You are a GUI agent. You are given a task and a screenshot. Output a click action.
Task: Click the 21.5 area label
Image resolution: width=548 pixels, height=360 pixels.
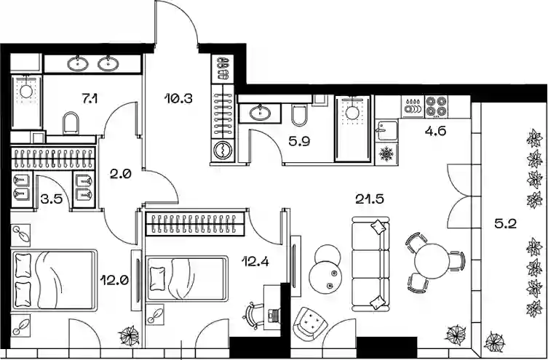pyautogui.click(x=370, y=199)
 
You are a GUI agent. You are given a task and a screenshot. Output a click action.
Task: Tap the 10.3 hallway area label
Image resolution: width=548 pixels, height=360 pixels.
pyautogui.click(x=178, y=99)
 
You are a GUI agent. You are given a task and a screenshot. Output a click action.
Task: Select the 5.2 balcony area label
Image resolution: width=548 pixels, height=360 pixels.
pyautogui.click(x=505, y=223)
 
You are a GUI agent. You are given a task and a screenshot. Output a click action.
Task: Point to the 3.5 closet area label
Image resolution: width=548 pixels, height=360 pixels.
pyautogui.click(x=52, y=199)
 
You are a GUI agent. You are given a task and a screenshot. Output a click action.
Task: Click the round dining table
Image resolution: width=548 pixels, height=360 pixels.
pyautogui.click(x=432, y=260)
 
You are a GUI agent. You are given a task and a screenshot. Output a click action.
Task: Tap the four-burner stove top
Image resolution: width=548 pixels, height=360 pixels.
pyautogui.click(x=436, y=106)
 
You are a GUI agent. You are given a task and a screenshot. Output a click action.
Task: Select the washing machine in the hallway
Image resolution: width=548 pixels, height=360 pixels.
pyautogui.click(x=223, y=151)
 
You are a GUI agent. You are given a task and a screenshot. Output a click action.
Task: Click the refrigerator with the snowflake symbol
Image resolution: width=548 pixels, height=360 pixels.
pyautogui.click(x=386, y=153)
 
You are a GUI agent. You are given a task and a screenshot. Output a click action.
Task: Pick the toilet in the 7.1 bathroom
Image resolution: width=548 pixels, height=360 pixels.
pyautogui.click(x=71, y=123)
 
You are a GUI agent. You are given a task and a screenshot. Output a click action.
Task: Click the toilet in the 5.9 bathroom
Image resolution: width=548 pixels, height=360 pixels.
pyautogui.click(x=299, y=115)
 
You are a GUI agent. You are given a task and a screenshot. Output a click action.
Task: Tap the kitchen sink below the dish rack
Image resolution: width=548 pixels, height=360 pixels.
pyautogui.click(x=386, y=130)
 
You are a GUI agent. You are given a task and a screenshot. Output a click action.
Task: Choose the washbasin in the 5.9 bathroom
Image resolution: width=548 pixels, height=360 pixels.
pyautogui.click(x=260, y=113)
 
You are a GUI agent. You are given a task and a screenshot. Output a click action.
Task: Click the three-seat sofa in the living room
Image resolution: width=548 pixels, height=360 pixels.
pyautogui.click(x=370, y=264)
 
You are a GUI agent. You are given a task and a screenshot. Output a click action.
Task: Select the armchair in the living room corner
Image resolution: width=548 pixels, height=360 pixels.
pyautogui.click(x=310, y=324)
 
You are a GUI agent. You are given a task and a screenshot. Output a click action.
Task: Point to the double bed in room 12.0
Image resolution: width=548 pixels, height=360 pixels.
pyautogui.click(x=54, y=280)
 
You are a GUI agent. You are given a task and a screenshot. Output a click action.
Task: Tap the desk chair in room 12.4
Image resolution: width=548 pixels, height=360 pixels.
pyautogui.click(x=254, y=316)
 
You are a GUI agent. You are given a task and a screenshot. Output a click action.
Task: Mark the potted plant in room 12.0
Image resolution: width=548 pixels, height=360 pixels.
pyautogui.click(x=129, y=335)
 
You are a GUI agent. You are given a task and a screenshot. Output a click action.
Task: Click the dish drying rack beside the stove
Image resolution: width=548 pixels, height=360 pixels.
pyautogui.click(x=413, y=106)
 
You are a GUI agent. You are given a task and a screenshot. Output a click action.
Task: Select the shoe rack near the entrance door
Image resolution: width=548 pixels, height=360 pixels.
pyautogui.click(x=223, y=68)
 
